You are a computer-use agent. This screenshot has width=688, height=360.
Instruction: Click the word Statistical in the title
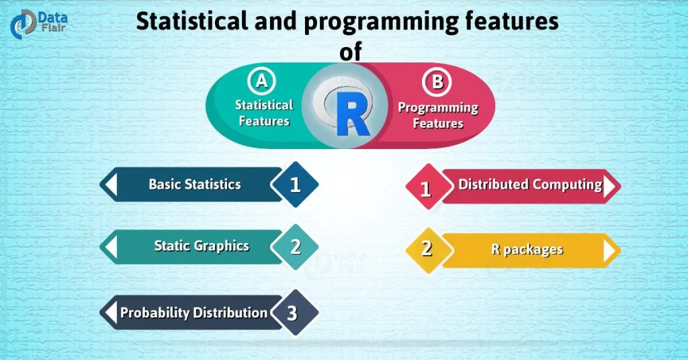click(x=194, y=21)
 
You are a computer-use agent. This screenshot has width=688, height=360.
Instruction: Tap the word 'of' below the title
click(x=350, y=52)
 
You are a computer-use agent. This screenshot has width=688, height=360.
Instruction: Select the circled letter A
click(x=262, y=81)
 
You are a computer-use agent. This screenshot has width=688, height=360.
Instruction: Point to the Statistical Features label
click(x=264, y=113)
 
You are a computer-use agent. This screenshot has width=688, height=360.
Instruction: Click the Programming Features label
click(x=438, y=115)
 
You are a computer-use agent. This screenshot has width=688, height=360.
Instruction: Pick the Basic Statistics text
click(x=194, y=184)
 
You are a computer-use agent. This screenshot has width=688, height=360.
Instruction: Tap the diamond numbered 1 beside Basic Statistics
click(x=294, y=184)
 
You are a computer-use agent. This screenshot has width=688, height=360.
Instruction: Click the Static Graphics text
click(x=202, y=246)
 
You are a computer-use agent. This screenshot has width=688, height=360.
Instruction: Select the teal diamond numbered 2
click(x=294, y=246)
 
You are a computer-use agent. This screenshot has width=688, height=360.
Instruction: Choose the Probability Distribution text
click(x=193, y=312)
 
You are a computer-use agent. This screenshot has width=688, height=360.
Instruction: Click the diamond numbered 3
click(x=292, y=313)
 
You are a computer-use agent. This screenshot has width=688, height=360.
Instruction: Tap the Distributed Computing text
click(x=529, y=184)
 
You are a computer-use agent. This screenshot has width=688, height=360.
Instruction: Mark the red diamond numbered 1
click(x=425, y=188)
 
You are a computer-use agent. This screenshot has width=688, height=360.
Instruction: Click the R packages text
click(x=527, y=250)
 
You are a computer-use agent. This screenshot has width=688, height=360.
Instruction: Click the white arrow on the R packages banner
click(x=609, y=251)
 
